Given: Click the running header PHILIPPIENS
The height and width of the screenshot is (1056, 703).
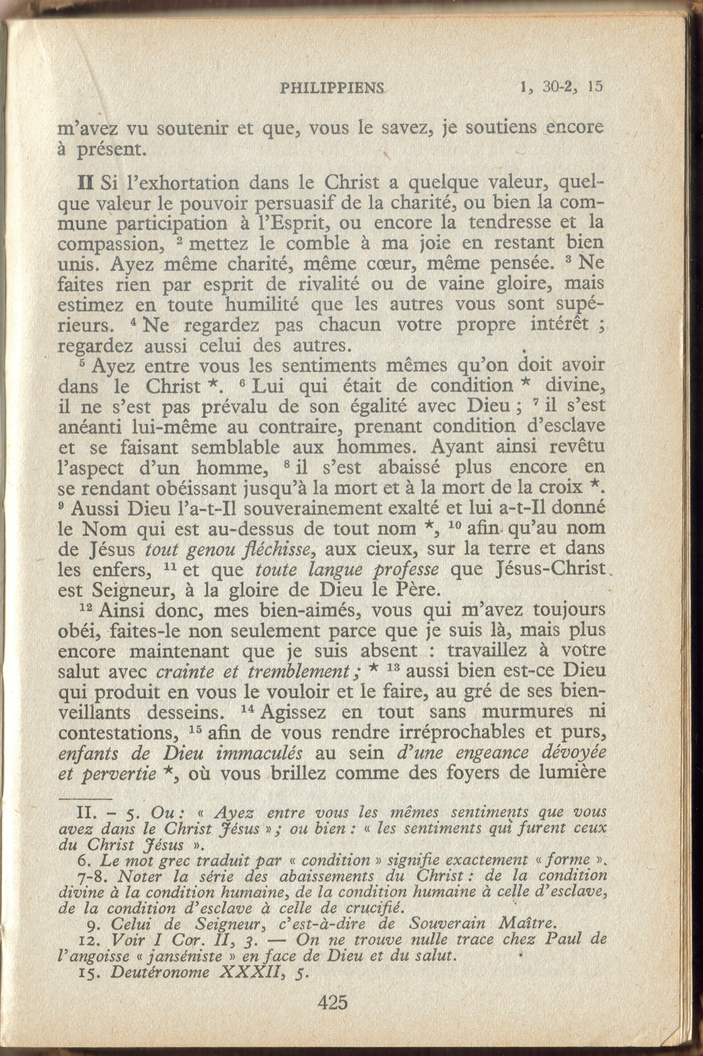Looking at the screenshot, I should point(332,88).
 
